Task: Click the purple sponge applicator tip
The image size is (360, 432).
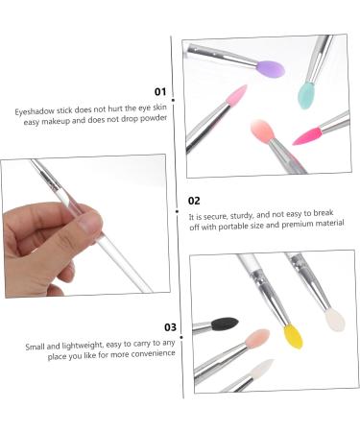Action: tap(271, 69)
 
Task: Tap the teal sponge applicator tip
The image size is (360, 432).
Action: tap(306, 95)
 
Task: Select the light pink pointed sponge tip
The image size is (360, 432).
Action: tap(236, 95)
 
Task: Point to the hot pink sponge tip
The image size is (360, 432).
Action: tap(307, 136)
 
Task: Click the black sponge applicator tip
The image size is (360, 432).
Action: tap(225, 324)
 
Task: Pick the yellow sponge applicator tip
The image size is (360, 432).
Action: tap(293, 336)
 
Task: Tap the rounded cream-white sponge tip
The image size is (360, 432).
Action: tap(335, 320)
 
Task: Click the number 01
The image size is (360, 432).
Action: tap(160, 92)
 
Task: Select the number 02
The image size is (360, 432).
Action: tap(194, 201)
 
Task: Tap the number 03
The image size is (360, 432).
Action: tap(170, 327)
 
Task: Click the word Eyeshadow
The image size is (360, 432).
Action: tap(35, 111)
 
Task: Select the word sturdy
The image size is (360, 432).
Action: tap(241, 215)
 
